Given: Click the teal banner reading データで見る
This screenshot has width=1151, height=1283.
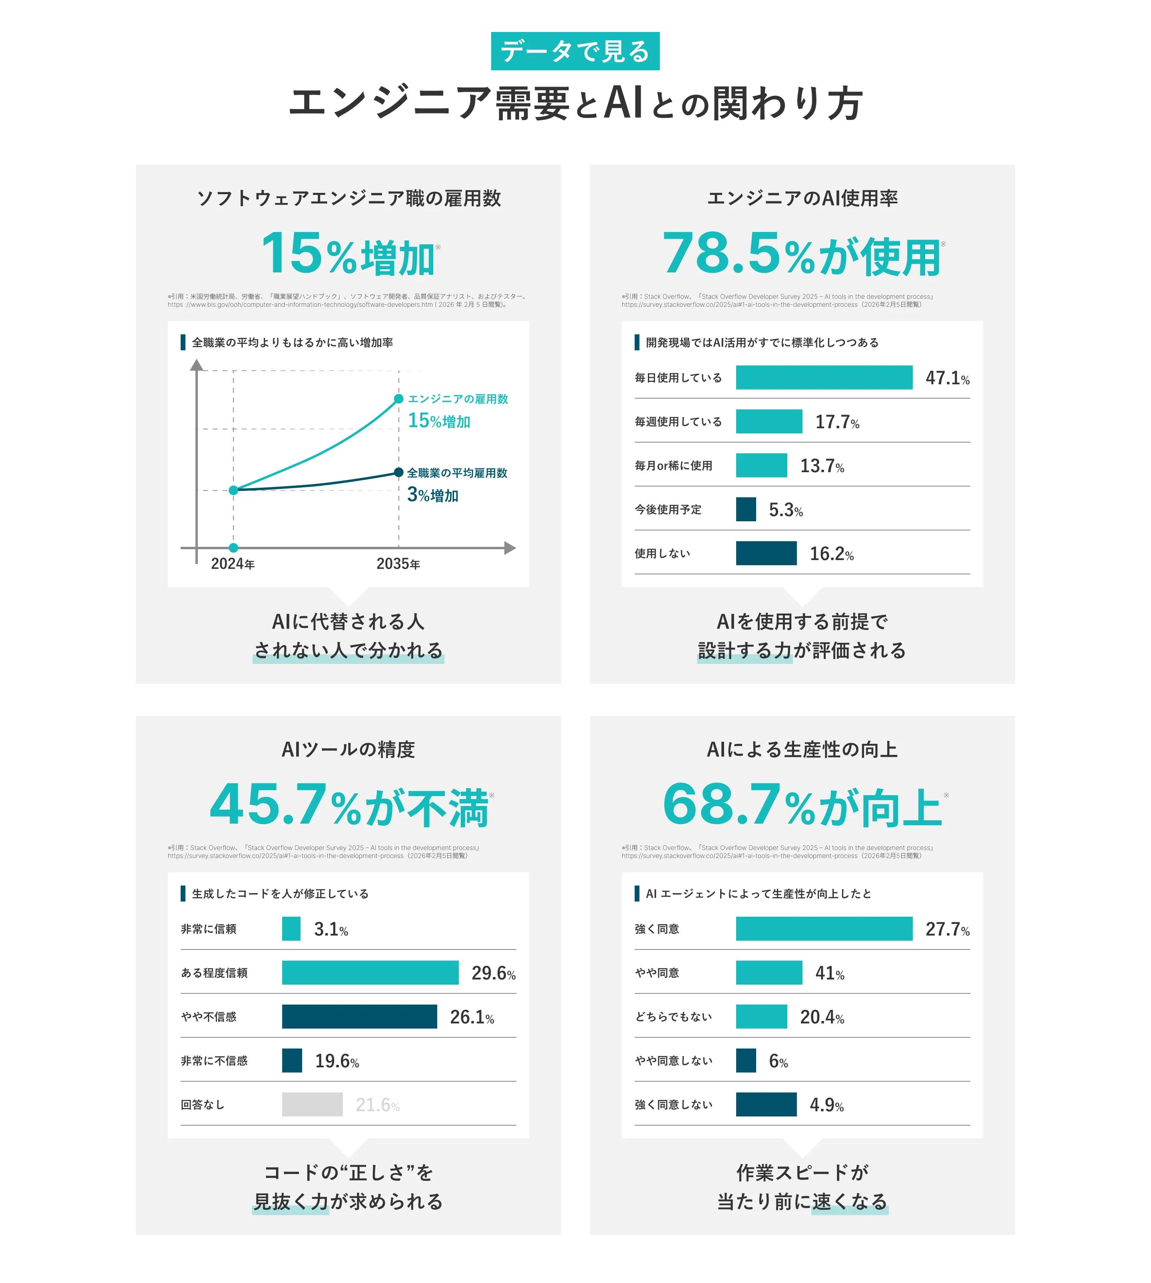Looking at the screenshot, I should (575, 51).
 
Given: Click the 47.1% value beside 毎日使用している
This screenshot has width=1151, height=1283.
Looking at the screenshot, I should (947, 378).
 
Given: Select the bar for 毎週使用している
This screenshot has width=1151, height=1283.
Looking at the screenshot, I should (769, 421).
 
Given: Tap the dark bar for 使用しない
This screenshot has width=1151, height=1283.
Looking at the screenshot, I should (766, 553).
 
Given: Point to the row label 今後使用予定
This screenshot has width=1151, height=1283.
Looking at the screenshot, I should (668, 509).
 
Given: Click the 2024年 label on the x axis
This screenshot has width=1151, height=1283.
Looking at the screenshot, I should (233, 564).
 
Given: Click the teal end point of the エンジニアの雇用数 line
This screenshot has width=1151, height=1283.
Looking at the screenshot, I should (398, 399).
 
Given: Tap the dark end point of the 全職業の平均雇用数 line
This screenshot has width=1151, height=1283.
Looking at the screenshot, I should (398, 472).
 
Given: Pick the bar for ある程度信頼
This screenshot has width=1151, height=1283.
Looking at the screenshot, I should (370, 973).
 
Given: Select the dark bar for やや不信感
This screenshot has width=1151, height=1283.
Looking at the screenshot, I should (359, 1016).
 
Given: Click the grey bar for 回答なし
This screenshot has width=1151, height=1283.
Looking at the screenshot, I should (313, 1104).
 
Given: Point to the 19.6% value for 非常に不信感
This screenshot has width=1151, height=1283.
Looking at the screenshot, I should (337, 1061).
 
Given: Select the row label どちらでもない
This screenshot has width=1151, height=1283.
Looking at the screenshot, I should (673, 1016).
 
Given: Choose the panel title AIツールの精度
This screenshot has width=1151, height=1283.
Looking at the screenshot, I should (348, 750).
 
